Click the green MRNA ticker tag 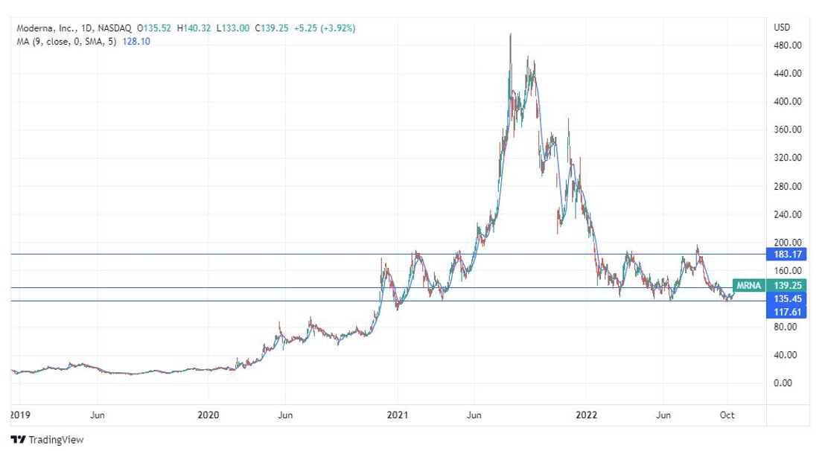point(748,285)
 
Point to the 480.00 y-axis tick point(787,45)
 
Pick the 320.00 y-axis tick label point(787,158)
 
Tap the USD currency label point(782,28)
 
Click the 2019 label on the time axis point(19,415)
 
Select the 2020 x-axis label point(208,415)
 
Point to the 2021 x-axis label point(398,415)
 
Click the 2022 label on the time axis point(586,415)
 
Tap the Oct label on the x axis point(727,415)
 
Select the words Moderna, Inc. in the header point(43,28)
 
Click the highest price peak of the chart point(510,34)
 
